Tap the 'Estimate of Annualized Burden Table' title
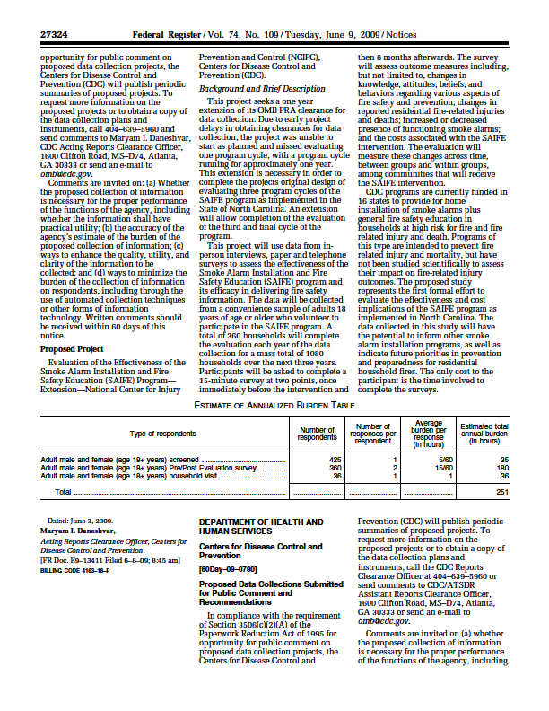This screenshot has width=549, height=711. tap(274, 407)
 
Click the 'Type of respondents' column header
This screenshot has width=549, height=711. tap(163, 434)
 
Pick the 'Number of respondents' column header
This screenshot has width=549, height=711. tap(317, 434)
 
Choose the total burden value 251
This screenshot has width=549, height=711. tap(502, 492)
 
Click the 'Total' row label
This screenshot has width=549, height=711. tap(63, 492)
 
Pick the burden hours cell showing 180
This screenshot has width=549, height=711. tap(502, 468)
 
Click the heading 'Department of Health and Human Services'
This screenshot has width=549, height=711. tap(261, 525)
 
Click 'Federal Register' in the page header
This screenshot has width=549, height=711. tap(166, 35)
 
